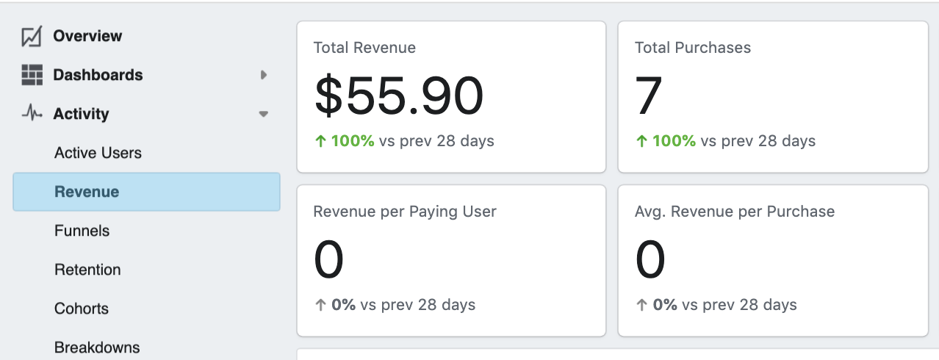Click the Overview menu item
click(x=87, y=36)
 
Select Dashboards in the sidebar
click(x=98, y=75)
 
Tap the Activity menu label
click(x=81, y=114)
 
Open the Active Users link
click(x=98, y=153)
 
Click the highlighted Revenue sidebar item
click(x=87, y=192)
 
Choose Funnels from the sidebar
click(x=82, y=231)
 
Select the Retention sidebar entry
click(x=87, y=270)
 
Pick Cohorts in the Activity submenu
click(x=82, y=309)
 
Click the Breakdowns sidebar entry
click(x=97, y=347)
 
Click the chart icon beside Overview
click(x=32, y=36)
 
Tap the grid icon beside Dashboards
click(x=32, y=75)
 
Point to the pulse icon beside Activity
click(x=32, y=114)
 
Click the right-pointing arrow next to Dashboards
click(x=263, y=75)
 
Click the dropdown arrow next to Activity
click(x=263, y=115)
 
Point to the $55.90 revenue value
click(x=399, y=97)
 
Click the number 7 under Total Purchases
click(x=649, y=97)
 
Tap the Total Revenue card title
click(x=364, y=48)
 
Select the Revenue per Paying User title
click(x=405, y=212)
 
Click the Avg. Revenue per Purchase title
click(x=734, y=212)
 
